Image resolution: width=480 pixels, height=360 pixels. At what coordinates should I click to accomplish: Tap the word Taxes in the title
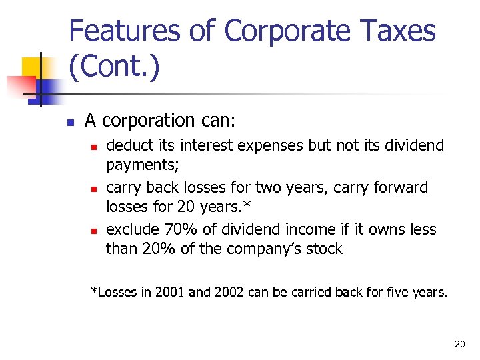399,32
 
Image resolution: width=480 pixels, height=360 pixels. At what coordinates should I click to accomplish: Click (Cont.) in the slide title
114,68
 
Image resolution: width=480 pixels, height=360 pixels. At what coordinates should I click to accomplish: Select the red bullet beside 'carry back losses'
93,189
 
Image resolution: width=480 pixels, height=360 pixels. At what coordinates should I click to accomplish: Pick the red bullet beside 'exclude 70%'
93,231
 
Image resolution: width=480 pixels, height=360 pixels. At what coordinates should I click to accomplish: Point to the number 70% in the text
176,229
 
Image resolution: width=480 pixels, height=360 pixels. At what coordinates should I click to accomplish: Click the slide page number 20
459,344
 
